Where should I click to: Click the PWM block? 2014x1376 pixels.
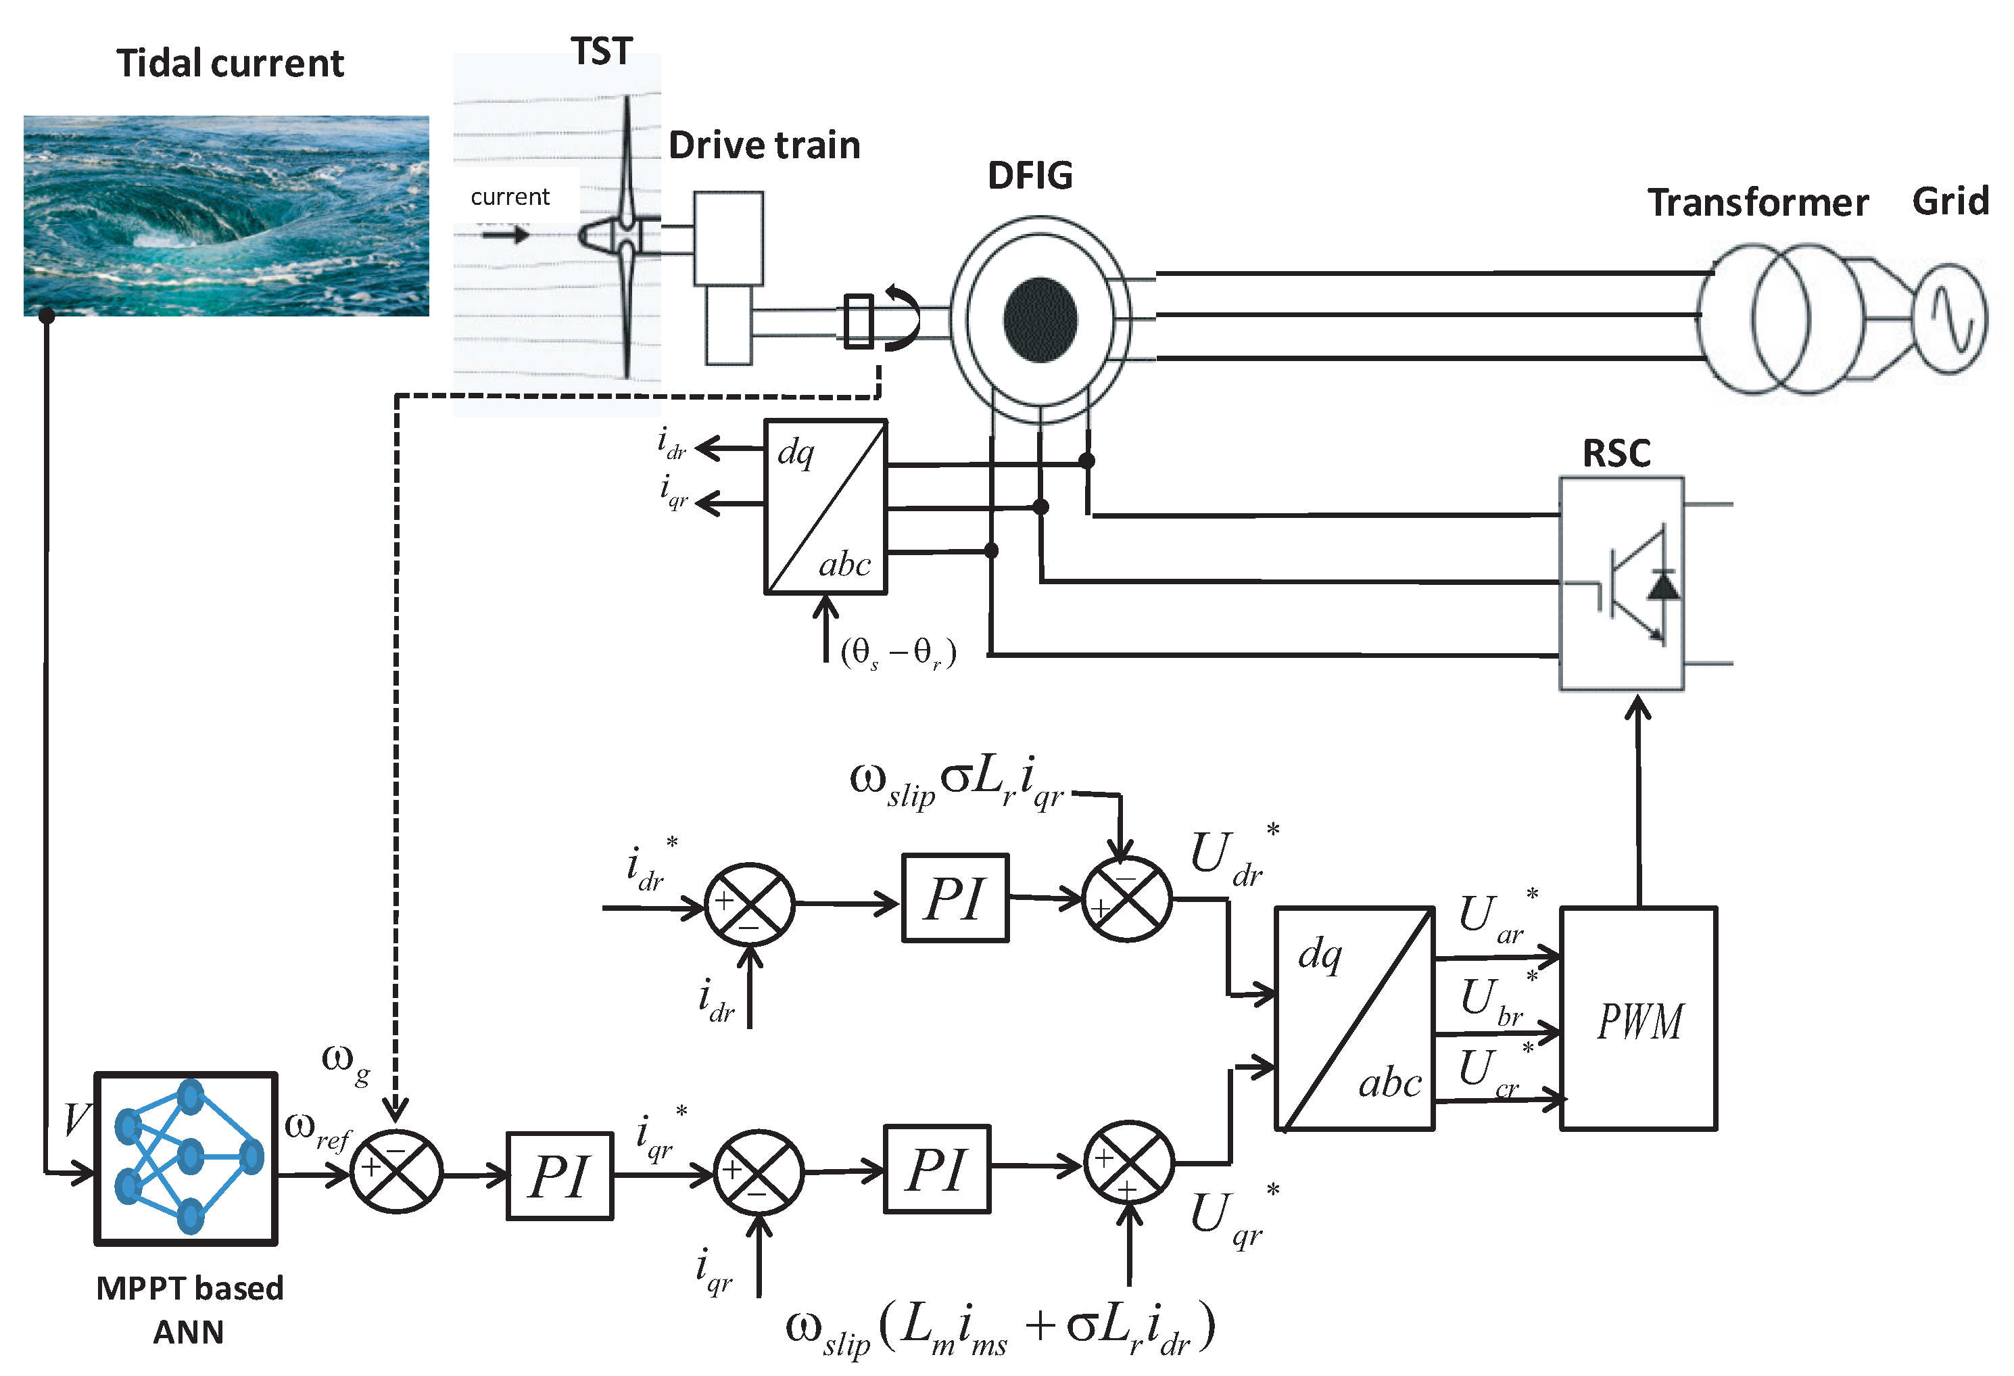1638,1019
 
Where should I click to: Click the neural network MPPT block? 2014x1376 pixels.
185,1158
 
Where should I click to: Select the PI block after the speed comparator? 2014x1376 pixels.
559,1176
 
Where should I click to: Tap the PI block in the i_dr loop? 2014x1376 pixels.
955,898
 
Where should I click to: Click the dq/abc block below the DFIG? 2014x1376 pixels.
825,507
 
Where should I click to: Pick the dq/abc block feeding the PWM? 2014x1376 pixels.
1353,1019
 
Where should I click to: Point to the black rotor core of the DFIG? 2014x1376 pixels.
1040,320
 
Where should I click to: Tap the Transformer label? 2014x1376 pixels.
1758,203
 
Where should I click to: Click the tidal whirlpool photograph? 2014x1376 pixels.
225,216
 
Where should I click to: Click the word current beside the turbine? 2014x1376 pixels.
510,197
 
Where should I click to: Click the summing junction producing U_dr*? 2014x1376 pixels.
1126,899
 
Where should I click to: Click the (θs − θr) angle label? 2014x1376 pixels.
898,653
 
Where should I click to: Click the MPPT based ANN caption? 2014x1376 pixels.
189,1309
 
